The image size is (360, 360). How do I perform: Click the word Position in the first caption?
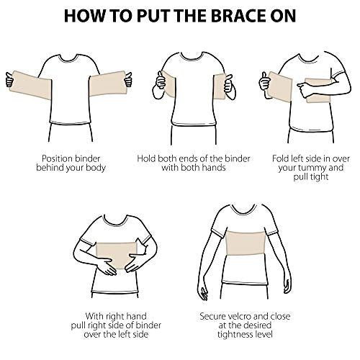coord(57,158)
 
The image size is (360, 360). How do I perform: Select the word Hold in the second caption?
coord(147,158)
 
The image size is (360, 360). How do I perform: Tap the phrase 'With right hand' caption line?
coord(116,316)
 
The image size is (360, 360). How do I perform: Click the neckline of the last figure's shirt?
coord(245,212)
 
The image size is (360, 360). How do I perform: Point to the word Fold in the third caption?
coord(281,158)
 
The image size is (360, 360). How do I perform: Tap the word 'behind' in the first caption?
coord(50,168)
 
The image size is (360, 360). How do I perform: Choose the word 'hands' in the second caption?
coord(213,168)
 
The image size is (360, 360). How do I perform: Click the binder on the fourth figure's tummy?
coord(116,255)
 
